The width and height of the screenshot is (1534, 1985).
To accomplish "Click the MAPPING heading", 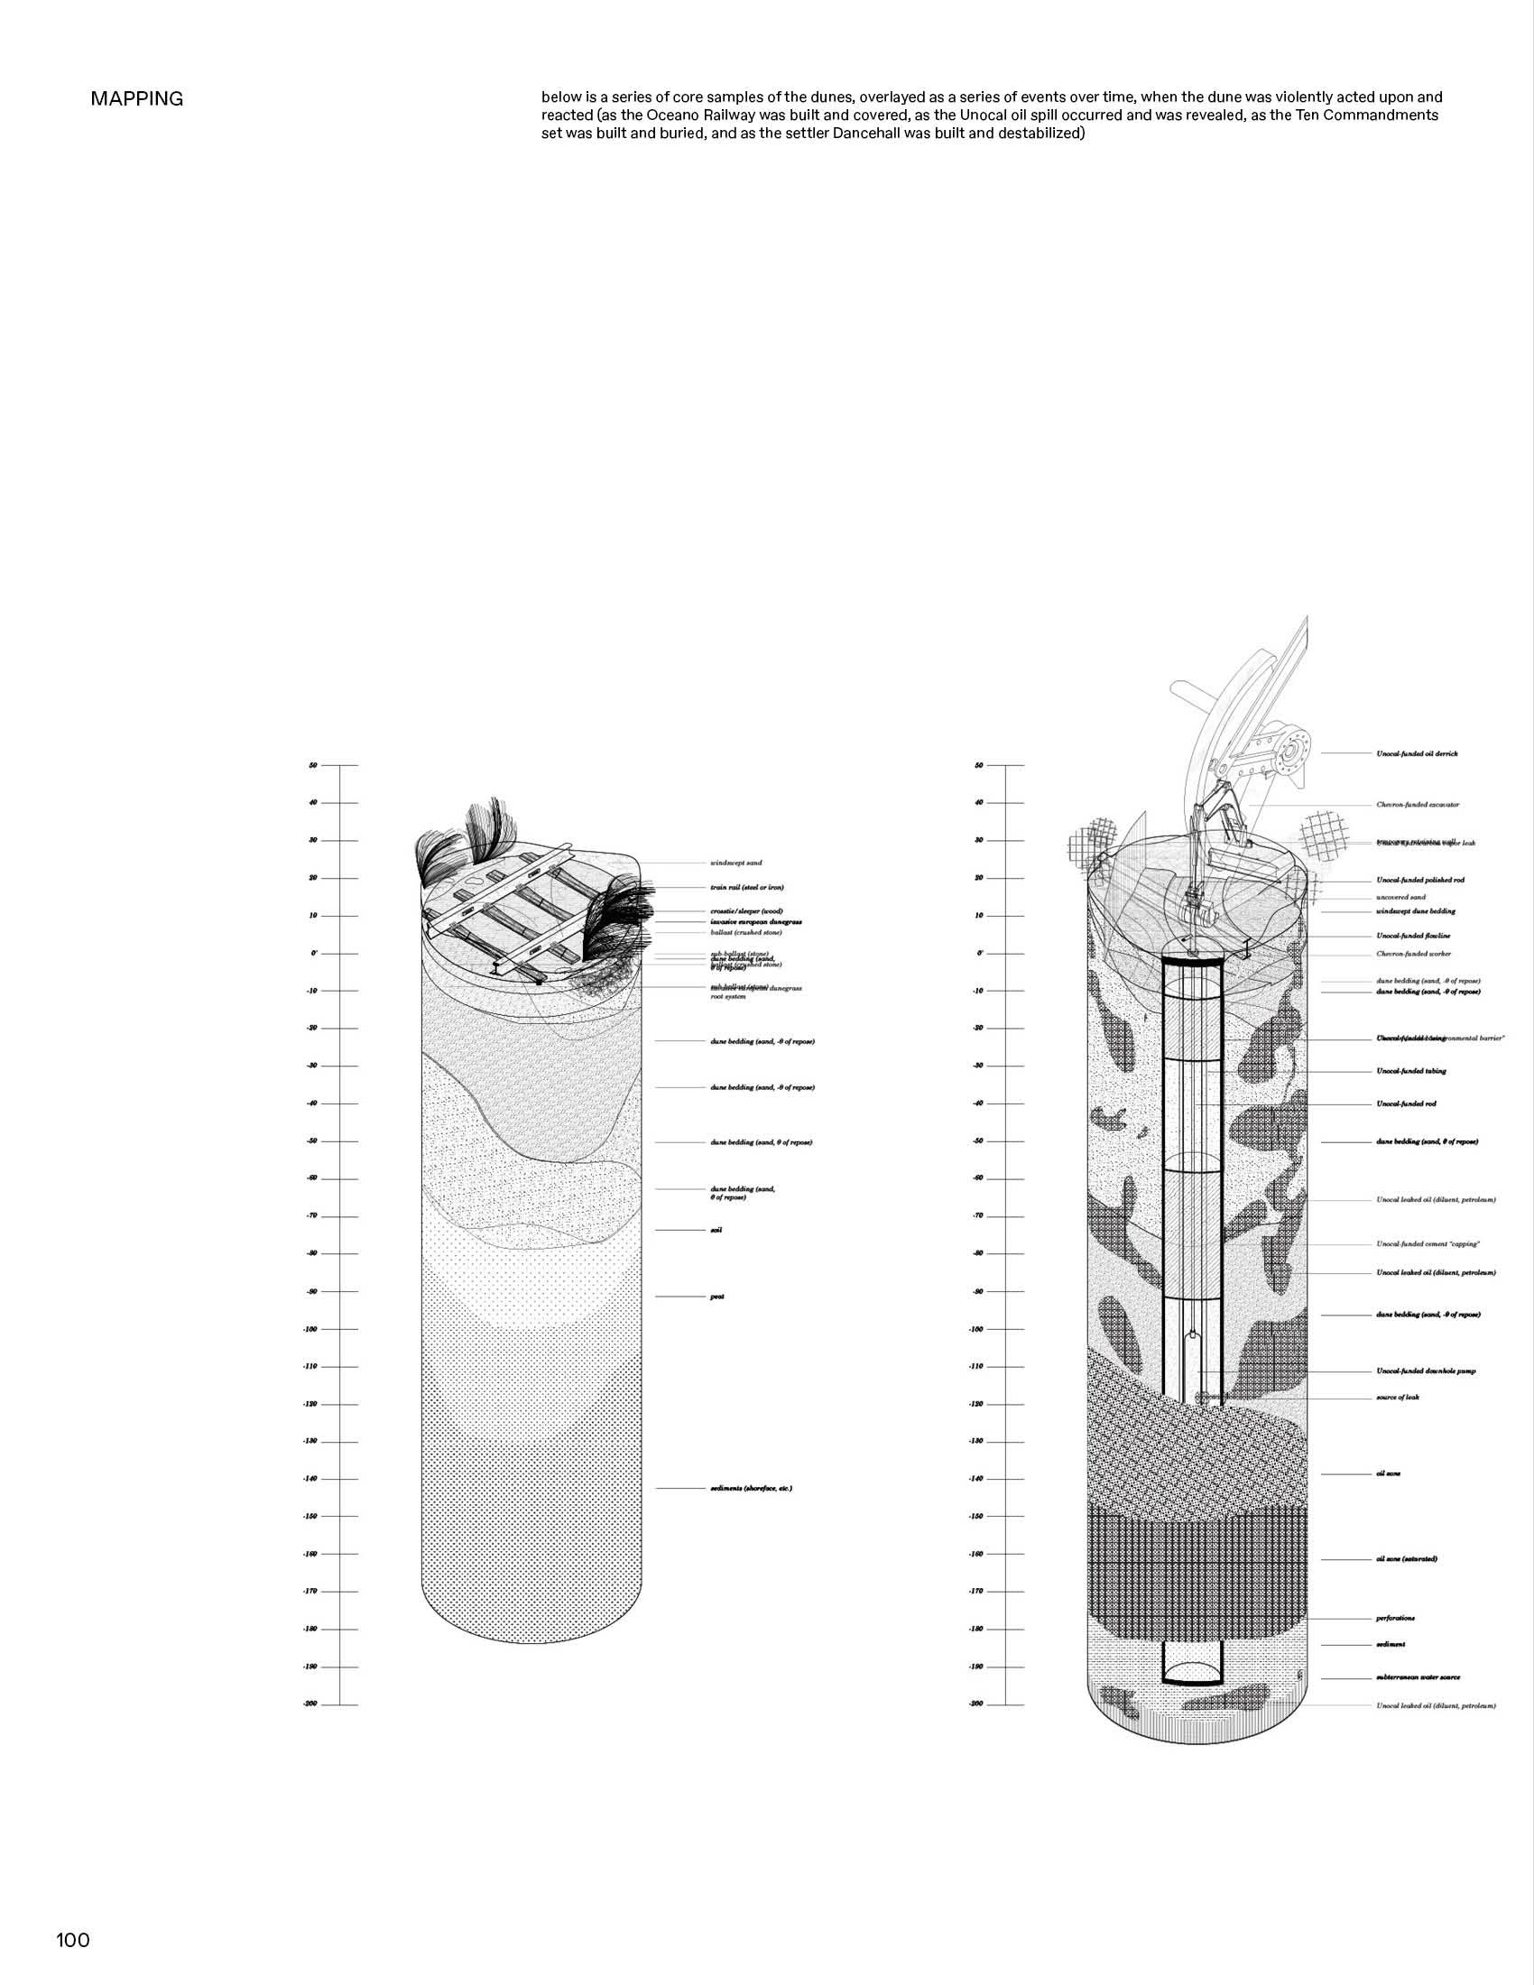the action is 136,99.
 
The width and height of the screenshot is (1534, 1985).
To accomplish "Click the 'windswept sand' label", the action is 735,863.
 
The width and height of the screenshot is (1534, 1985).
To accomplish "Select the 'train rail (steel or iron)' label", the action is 746,887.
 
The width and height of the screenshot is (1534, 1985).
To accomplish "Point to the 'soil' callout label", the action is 716,1230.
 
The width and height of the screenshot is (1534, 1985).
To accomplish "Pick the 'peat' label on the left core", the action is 716,1296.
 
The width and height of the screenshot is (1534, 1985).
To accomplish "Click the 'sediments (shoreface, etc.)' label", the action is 751,1488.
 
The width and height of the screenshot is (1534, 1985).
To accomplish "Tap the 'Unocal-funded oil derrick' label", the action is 1417,753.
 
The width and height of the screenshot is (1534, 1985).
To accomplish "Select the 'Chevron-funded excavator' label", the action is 1417,804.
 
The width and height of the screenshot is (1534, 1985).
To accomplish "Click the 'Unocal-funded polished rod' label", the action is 1419,880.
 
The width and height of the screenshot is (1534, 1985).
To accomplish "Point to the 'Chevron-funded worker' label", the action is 1413,954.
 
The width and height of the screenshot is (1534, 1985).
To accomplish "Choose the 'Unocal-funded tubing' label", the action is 1410,1071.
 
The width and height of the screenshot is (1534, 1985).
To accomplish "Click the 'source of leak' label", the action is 1397,1397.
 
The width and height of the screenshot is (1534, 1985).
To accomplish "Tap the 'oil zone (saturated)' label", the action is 1406,1559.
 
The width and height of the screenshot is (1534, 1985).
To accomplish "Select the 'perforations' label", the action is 1395,1618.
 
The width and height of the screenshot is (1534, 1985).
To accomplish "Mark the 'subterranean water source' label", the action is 1418,1677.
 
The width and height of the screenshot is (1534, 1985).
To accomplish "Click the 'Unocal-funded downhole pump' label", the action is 1425,1371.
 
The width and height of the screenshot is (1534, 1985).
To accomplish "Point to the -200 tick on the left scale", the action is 310,1703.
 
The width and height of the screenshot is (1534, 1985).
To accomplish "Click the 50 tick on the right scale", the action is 979,765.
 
